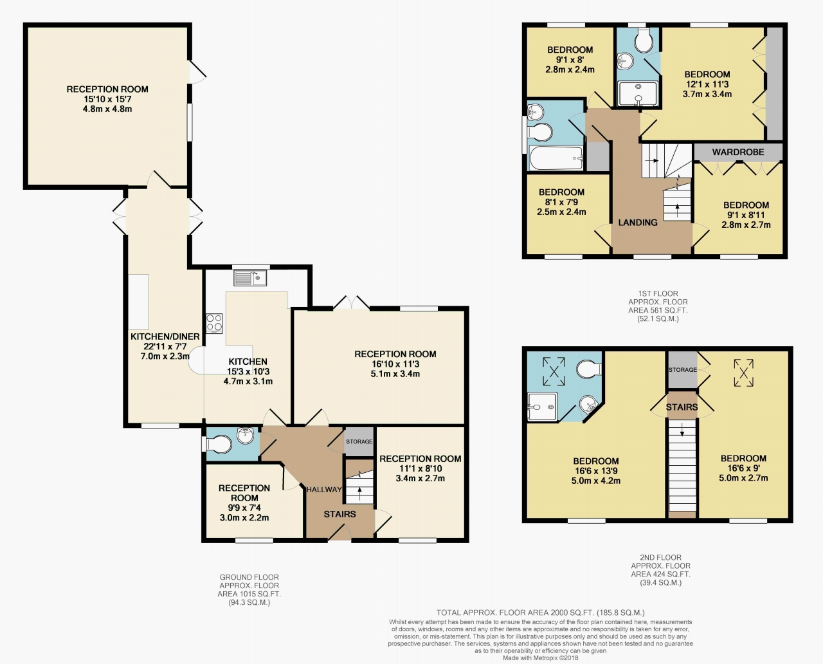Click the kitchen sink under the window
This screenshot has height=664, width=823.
(x=250, y=278)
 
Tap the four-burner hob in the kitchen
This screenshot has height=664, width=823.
(x=214, y=324)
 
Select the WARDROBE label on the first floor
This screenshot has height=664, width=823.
(x=738, y=152)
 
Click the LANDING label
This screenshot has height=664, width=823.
(x=638, y=223)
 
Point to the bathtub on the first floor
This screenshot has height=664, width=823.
(x=556, y=158)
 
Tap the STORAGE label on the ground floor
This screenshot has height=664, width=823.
(x=359, y=441)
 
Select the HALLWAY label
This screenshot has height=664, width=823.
(x=324, y=490)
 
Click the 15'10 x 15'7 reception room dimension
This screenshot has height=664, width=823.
(x=107, y=99)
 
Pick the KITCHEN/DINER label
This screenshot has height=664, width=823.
(x=165, y=337)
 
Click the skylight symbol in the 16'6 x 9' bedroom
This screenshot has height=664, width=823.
(x=743, y=373)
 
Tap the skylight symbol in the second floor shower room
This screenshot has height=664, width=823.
(x=554, y=371)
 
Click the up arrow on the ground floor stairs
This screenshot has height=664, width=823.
(x=359, y=493)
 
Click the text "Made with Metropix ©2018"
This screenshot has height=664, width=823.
(x=540, y=658)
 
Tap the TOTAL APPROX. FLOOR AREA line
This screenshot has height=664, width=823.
(x=541, y=613)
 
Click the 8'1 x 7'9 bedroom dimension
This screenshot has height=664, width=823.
(x=561, y=201)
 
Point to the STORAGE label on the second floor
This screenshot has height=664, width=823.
(x=683, y=370)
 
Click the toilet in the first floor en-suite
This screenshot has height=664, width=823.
(x=644, y=41)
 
